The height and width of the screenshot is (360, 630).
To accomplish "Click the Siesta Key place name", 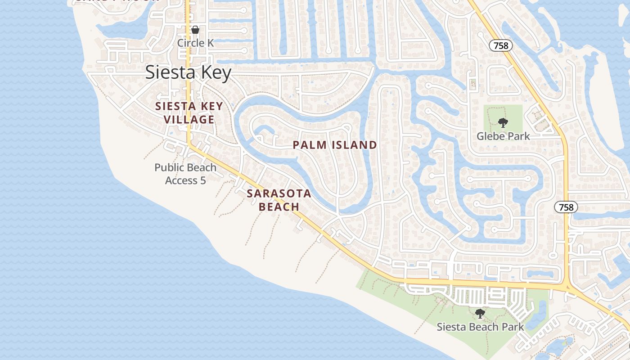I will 188,72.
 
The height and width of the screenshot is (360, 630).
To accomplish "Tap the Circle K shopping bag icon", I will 195,30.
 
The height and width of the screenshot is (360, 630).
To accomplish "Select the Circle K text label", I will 195,43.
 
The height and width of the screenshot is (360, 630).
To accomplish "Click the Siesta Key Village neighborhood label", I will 189,113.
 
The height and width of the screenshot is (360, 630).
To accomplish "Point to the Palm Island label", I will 335,145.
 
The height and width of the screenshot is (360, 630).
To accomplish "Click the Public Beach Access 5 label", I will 185,174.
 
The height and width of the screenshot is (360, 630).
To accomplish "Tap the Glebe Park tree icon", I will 503,122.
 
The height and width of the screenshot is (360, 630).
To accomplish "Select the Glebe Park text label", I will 503,136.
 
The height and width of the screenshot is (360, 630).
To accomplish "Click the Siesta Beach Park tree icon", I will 480,313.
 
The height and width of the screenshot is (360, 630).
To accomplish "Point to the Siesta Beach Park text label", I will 480,327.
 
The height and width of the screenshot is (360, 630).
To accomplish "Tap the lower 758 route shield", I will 566,207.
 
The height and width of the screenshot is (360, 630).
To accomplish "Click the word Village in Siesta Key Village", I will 189,120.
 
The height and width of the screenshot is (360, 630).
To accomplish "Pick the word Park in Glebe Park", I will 520,136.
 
